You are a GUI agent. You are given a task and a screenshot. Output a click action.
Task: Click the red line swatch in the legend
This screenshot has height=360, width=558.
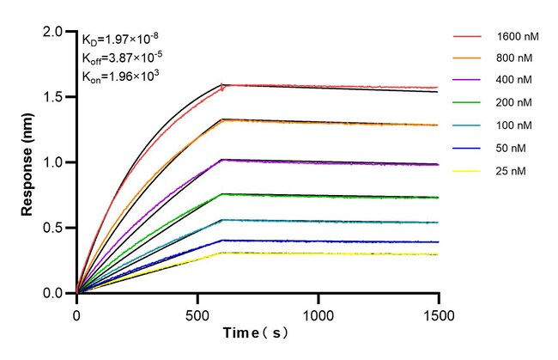467,38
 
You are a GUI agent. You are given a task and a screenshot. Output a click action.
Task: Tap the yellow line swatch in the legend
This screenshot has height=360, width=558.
467,172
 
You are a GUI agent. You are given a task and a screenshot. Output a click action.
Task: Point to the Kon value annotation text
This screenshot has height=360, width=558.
121,76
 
